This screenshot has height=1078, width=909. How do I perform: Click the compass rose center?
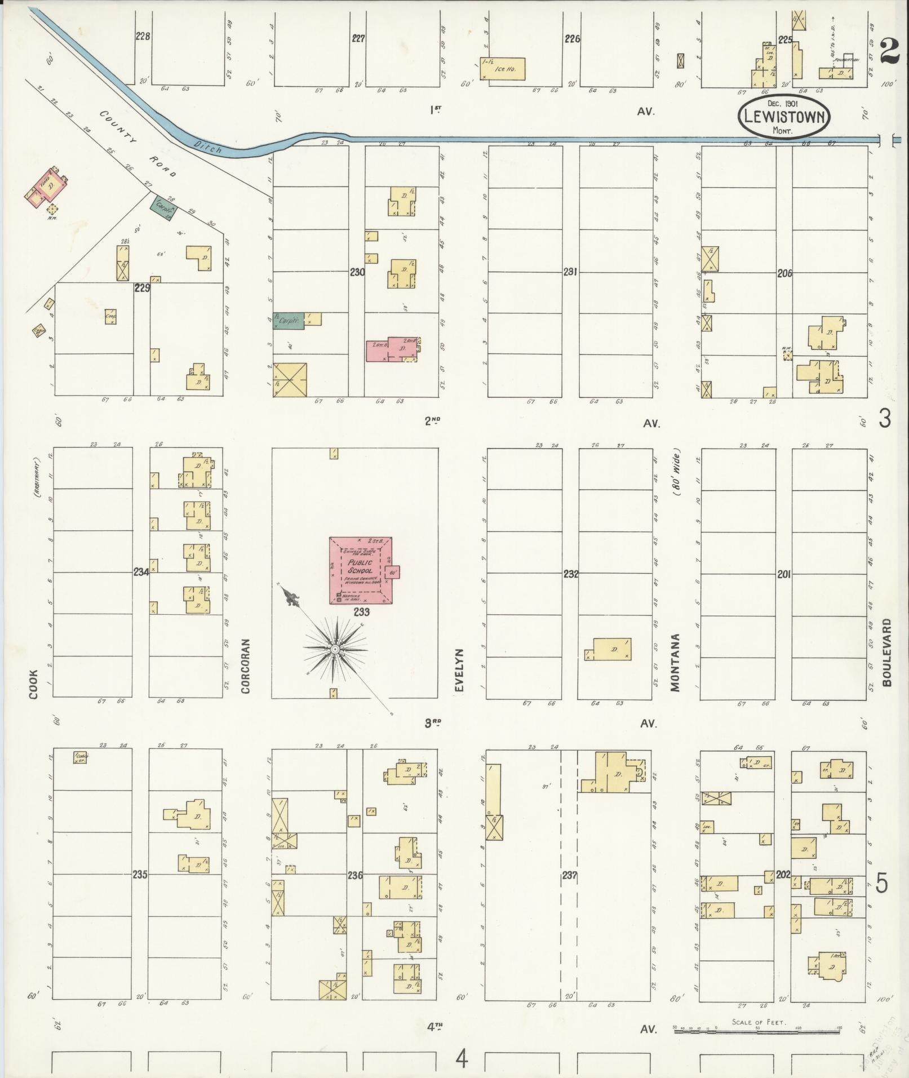pos(335,649)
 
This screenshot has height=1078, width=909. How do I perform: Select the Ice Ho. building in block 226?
pos(502,68)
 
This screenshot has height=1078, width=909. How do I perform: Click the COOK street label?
pos(34,684)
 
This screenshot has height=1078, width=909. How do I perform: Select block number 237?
pos(569,875)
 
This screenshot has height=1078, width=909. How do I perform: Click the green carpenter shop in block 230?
pos(289,320)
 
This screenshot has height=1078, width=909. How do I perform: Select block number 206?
pos(784,273)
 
